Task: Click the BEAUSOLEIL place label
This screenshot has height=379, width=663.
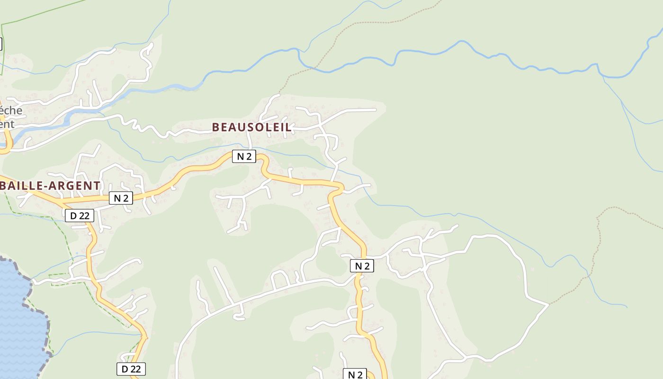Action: point(251,127)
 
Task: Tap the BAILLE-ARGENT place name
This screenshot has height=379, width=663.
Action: point(50,186)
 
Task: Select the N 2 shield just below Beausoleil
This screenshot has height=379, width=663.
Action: point(244,156)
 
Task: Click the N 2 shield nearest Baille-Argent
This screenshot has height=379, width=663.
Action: point(121,198)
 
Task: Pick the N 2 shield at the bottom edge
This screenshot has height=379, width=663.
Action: point(355,374)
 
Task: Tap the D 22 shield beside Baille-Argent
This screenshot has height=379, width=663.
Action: point(80,216)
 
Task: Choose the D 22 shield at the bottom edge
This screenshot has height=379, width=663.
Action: point(131,369)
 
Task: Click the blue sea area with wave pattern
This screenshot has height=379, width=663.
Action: point(19,322)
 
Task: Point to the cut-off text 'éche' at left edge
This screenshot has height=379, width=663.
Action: point(11,110)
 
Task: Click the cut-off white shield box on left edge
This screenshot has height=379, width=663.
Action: point(1,44)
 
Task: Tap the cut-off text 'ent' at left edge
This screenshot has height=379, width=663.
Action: point(7,124)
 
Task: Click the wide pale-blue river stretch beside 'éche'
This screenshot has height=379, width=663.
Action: point(76,114)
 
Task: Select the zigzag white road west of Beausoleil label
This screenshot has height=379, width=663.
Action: point(142,127)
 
